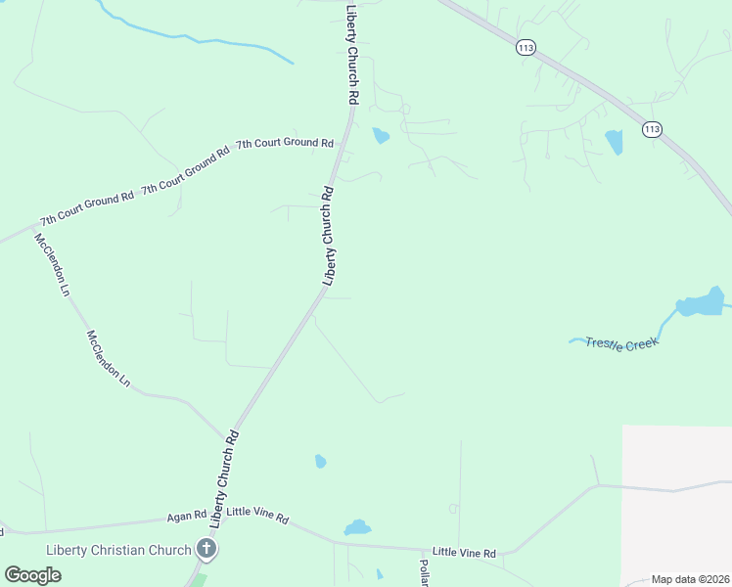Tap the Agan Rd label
186,515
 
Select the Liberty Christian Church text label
118,550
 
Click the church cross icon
206,549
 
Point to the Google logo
32,574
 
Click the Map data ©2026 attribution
690,579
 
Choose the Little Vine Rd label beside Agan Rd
257,516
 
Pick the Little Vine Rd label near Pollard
464,553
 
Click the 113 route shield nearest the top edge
526,47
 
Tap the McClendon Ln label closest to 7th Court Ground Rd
53,264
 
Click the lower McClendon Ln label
108,358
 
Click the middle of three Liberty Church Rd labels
330,235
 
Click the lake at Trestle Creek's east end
700,304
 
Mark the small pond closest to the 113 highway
614,142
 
